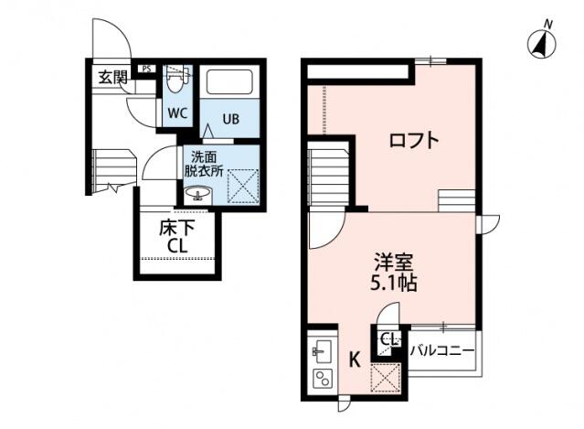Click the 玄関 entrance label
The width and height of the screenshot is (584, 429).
click(x=112, y=78)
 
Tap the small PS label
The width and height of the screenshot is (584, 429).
click(x=146, y=69)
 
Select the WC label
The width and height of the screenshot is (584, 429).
click(x=176, y=113)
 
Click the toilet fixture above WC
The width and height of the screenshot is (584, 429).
click(x=177, y=80)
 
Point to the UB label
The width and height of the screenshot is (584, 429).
click(x=230, y=117)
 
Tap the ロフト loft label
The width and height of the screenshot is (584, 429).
click(x=413, y=141)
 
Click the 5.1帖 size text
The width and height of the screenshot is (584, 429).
click(x=395, y=283)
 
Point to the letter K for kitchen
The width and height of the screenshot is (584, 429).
click(x=354, y=359)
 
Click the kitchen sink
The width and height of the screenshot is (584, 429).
click(x=322, y=349)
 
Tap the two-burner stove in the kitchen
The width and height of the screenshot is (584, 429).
click(x=322, y=380)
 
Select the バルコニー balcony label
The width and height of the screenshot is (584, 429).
click(x=442, y=350)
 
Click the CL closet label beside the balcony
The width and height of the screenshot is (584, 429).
click(x=388, y=338)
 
